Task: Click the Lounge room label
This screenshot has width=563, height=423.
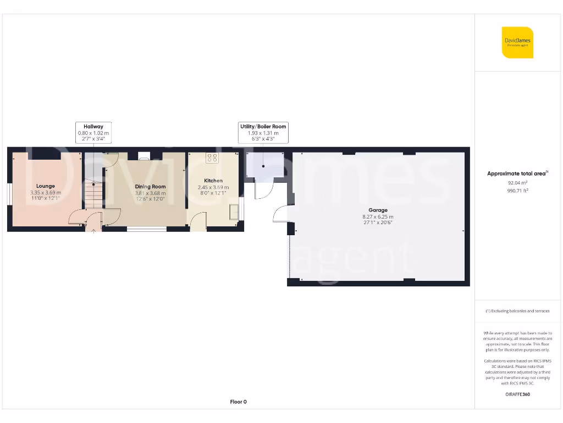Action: click(46, 186)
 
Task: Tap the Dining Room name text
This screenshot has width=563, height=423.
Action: click(150, 187)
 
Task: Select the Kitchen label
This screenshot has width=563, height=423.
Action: click(213, 181)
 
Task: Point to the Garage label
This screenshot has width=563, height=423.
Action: click(378, 210)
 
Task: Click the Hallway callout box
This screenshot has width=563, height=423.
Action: click(93, 133)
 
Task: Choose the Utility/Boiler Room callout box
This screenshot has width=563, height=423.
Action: click(263, 133)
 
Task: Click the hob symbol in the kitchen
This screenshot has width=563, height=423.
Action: click(212, 158)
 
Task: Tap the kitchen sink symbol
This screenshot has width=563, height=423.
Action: click(235, 211)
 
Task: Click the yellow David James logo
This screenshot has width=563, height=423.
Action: click(517, 42)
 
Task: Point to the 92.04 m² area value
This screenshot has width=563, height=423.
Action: click(517, 182)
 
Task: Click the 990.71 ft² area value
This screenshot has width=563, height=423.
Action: click(517, 191)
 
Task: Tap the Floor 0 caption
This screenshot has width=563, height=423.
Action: click(238, 402)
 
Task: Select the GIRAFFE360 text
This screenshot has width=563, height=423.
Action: click(517, 394)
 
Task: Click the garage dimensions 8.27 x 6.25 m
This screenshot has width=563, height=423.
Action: click(378, 216)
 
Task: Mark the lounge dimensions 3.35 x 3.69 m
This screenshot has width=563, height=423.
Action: click(46, 193)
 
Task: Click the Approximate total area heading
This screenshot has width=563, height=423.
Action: click(517, 173)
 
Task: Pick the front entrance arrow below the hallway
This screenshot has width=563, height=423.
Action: click(93, 232)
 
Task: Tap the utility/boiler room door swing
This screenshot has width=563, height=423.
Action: click(262, 190)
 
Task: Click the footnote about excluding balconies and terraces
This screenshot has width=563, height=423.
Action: click(517, 311)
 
